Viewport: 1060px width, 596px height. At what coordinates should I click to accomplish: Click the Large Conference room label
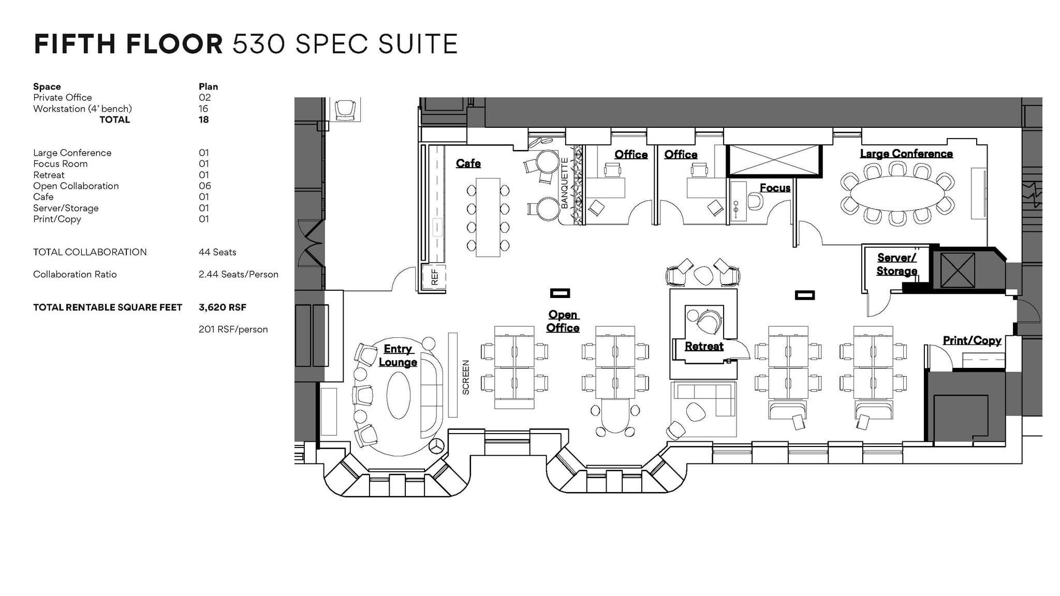pos(906,154)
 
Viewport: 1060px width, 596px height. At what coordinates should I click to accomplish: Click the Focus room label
pos(775,188)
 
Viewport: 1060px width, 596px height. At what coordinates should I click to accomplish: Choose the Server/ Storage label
pos(896,264)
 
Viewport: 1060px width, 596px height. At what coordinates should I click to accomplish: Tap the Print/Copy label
pos(971,340)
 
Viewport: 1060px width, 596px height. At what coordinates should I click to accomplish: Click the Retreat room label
pos(703,347)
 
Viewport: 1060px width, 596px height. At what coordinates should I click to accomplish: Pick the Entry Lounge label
pos(397,355)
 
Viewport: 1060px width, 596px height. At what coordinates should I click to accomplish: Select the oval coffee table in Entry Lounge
pos(399,395)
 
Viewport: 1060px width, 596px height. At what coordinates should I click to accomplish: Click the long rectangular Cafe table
pos(488,217)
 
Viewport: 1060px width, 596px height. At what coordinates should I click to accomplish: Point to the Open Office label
pos(563,321)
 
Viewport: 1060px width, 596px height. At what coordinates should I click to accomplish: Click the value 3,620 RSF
pos(222,307)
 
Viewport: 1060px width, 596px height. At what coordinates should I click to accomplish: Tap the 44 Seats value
pos(217,252)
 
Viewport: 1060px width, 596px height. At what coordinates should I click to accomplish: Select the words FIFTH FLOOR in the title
pos(128,44)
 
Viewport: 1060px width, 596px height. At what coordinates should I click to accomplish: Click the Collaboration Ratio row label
pos(75,275)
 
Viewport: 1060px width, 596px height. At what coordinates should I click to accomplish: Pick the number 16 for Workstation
pos(203,109)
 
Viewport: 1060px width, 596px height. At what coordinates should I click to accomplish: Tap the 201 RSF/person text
pos(233,330)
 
